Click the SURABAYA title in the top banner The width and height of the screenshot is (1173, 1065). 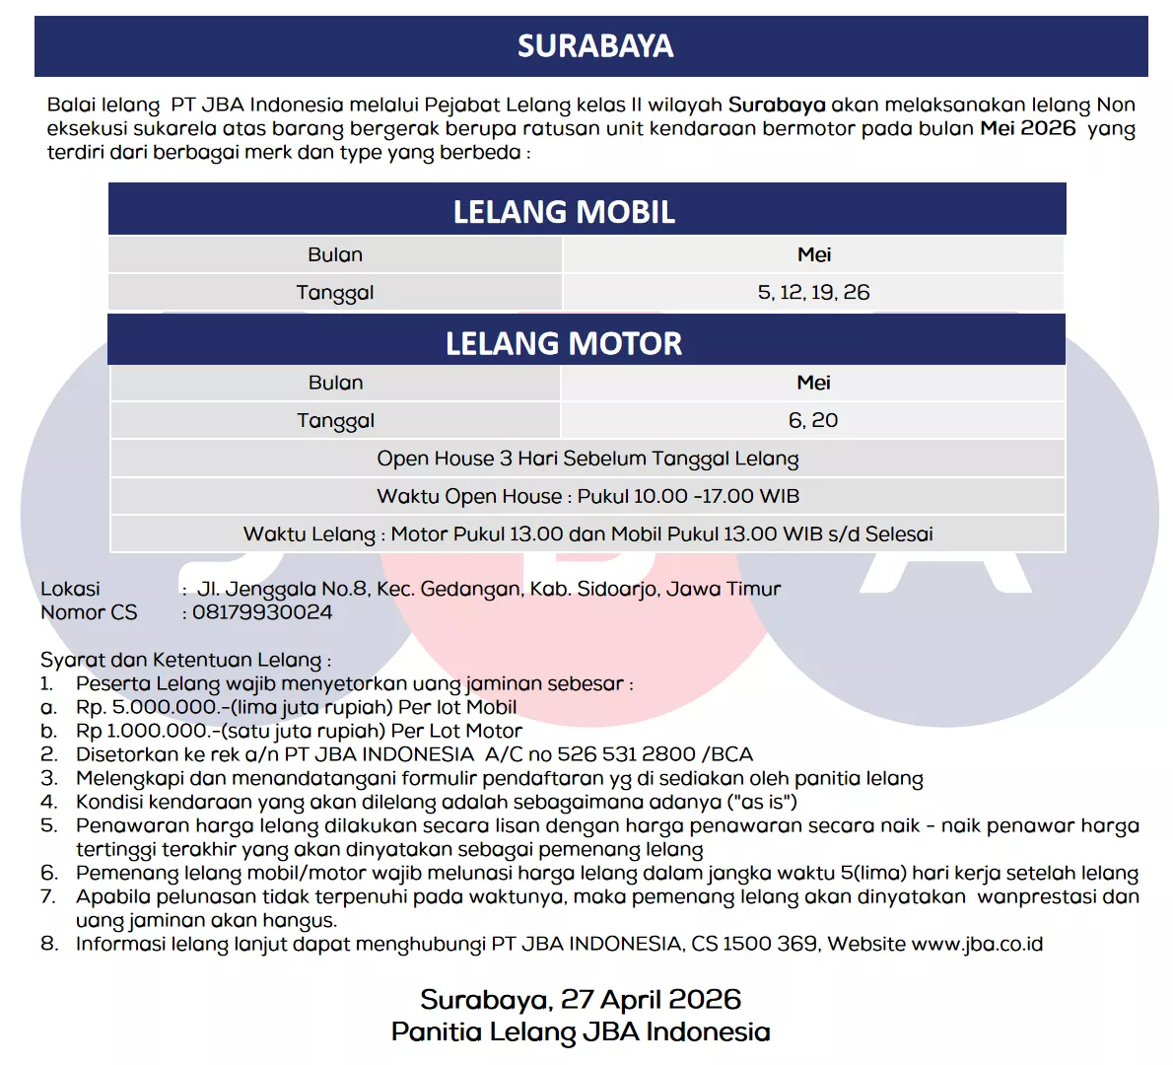coord(595,46)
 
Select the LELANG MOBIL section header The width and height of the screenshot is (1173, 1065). coord(564,212)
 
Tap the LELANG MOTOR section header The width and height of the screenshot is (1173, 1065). coord(564,343)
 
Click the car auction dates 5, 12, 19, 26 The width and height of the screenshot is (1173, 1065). coord(813,293)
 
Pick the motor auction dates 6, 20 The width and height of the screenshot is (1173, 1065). coord(813,421)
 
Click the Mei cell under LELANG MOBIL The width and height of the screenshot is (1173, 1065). coord(814,255)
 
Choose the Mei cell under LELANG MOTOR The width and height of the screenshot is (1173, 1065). coord(814,383)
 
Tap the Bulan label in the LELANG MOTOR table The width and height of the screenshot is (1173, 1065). coord(336,383)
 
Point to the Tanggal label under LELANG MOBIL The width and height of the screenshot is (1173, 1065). coord(335,293)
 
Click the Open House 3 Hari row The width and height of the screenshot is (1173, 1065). coord(587,459)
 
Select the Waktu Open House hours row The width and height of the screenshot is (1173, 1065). coord(587,496)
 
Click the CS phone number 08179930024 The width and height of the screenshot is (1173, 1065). coord(262,612)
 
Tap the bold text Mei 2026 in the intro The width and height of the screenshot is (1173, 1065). coord(1027,128)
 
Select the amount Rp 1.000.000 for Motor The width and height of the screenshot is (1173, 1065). coord(143,731)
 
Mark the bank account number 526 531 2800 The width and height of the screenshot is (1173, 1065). coord(627,754)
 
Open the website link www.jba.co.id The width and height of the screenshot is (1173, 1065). coord(977,944)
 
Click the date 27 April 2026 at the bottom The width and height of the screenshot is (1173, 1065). coord(651,1000)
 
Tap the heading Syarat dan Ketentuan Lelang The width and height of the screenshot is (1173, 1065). coord(185,660)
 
